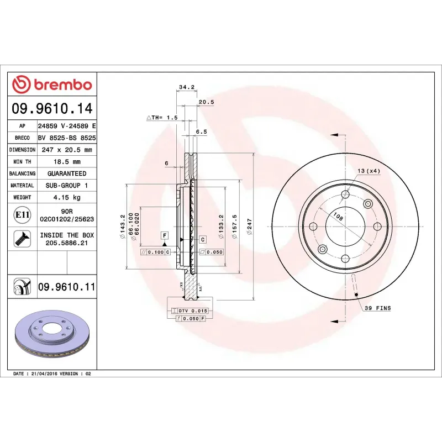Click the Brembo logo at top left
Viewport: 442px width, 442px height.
click(x=52, y=85)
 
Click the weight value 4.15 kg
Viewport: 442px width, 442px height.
click(x=66, y=197)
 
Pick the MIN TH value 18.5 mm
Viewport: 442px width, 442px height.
click(x=66, y=161)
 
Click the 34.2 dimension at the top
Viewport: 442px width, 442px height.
click(x=186, y=87)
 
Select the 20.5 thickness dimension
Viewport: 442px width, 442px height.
click(x=206, y=102)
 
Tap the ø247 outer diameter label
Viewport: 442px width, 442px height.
click(x=249, y=227)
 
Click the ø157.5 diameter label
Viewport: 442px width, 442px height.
click(x=234, y=227)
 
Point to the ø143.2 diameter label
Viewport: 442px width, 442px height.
click(x=122, y=227)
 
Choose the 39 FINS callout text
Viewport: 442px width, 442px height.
click(x=378, y=308)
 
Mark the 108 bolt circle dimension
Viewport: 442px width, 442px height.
click(x=338, y=218)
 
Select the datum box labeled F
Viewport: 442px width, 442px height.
click(x=165, y=236)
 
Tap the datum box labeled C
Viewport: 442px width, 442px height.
click(x=202, y=239)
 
